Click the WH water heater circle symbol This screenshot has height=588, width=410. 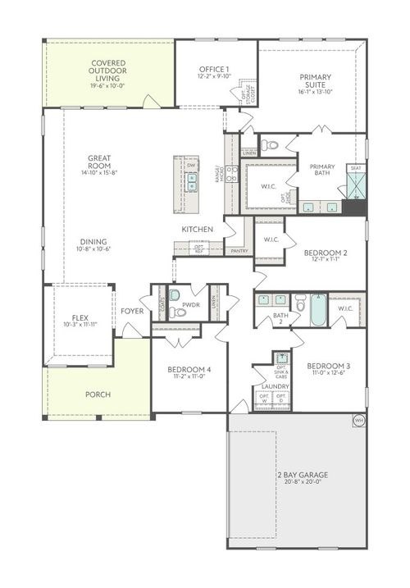pos(358,421)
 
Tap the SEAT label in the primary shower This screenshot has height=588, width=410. pos(356,168)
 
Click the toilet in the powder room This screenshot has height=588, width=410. pos(178,312)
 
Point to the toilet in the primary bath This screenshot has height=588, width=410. pos(271,145)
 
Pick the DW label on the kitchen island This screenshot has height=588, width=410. pos(191,166)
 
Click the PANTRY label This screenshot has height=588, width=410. pos(239,251)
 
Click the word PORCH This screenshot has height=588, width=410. pos(98,394)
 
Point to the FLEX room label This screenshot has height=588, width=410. pos(80,317)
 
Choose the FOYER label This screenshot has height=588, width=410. pos(132,311)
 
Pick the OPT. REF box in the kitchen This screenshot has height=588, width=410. pos(198,247)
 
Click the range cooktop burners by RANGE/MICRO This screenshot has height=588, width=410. pos(232,174)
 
